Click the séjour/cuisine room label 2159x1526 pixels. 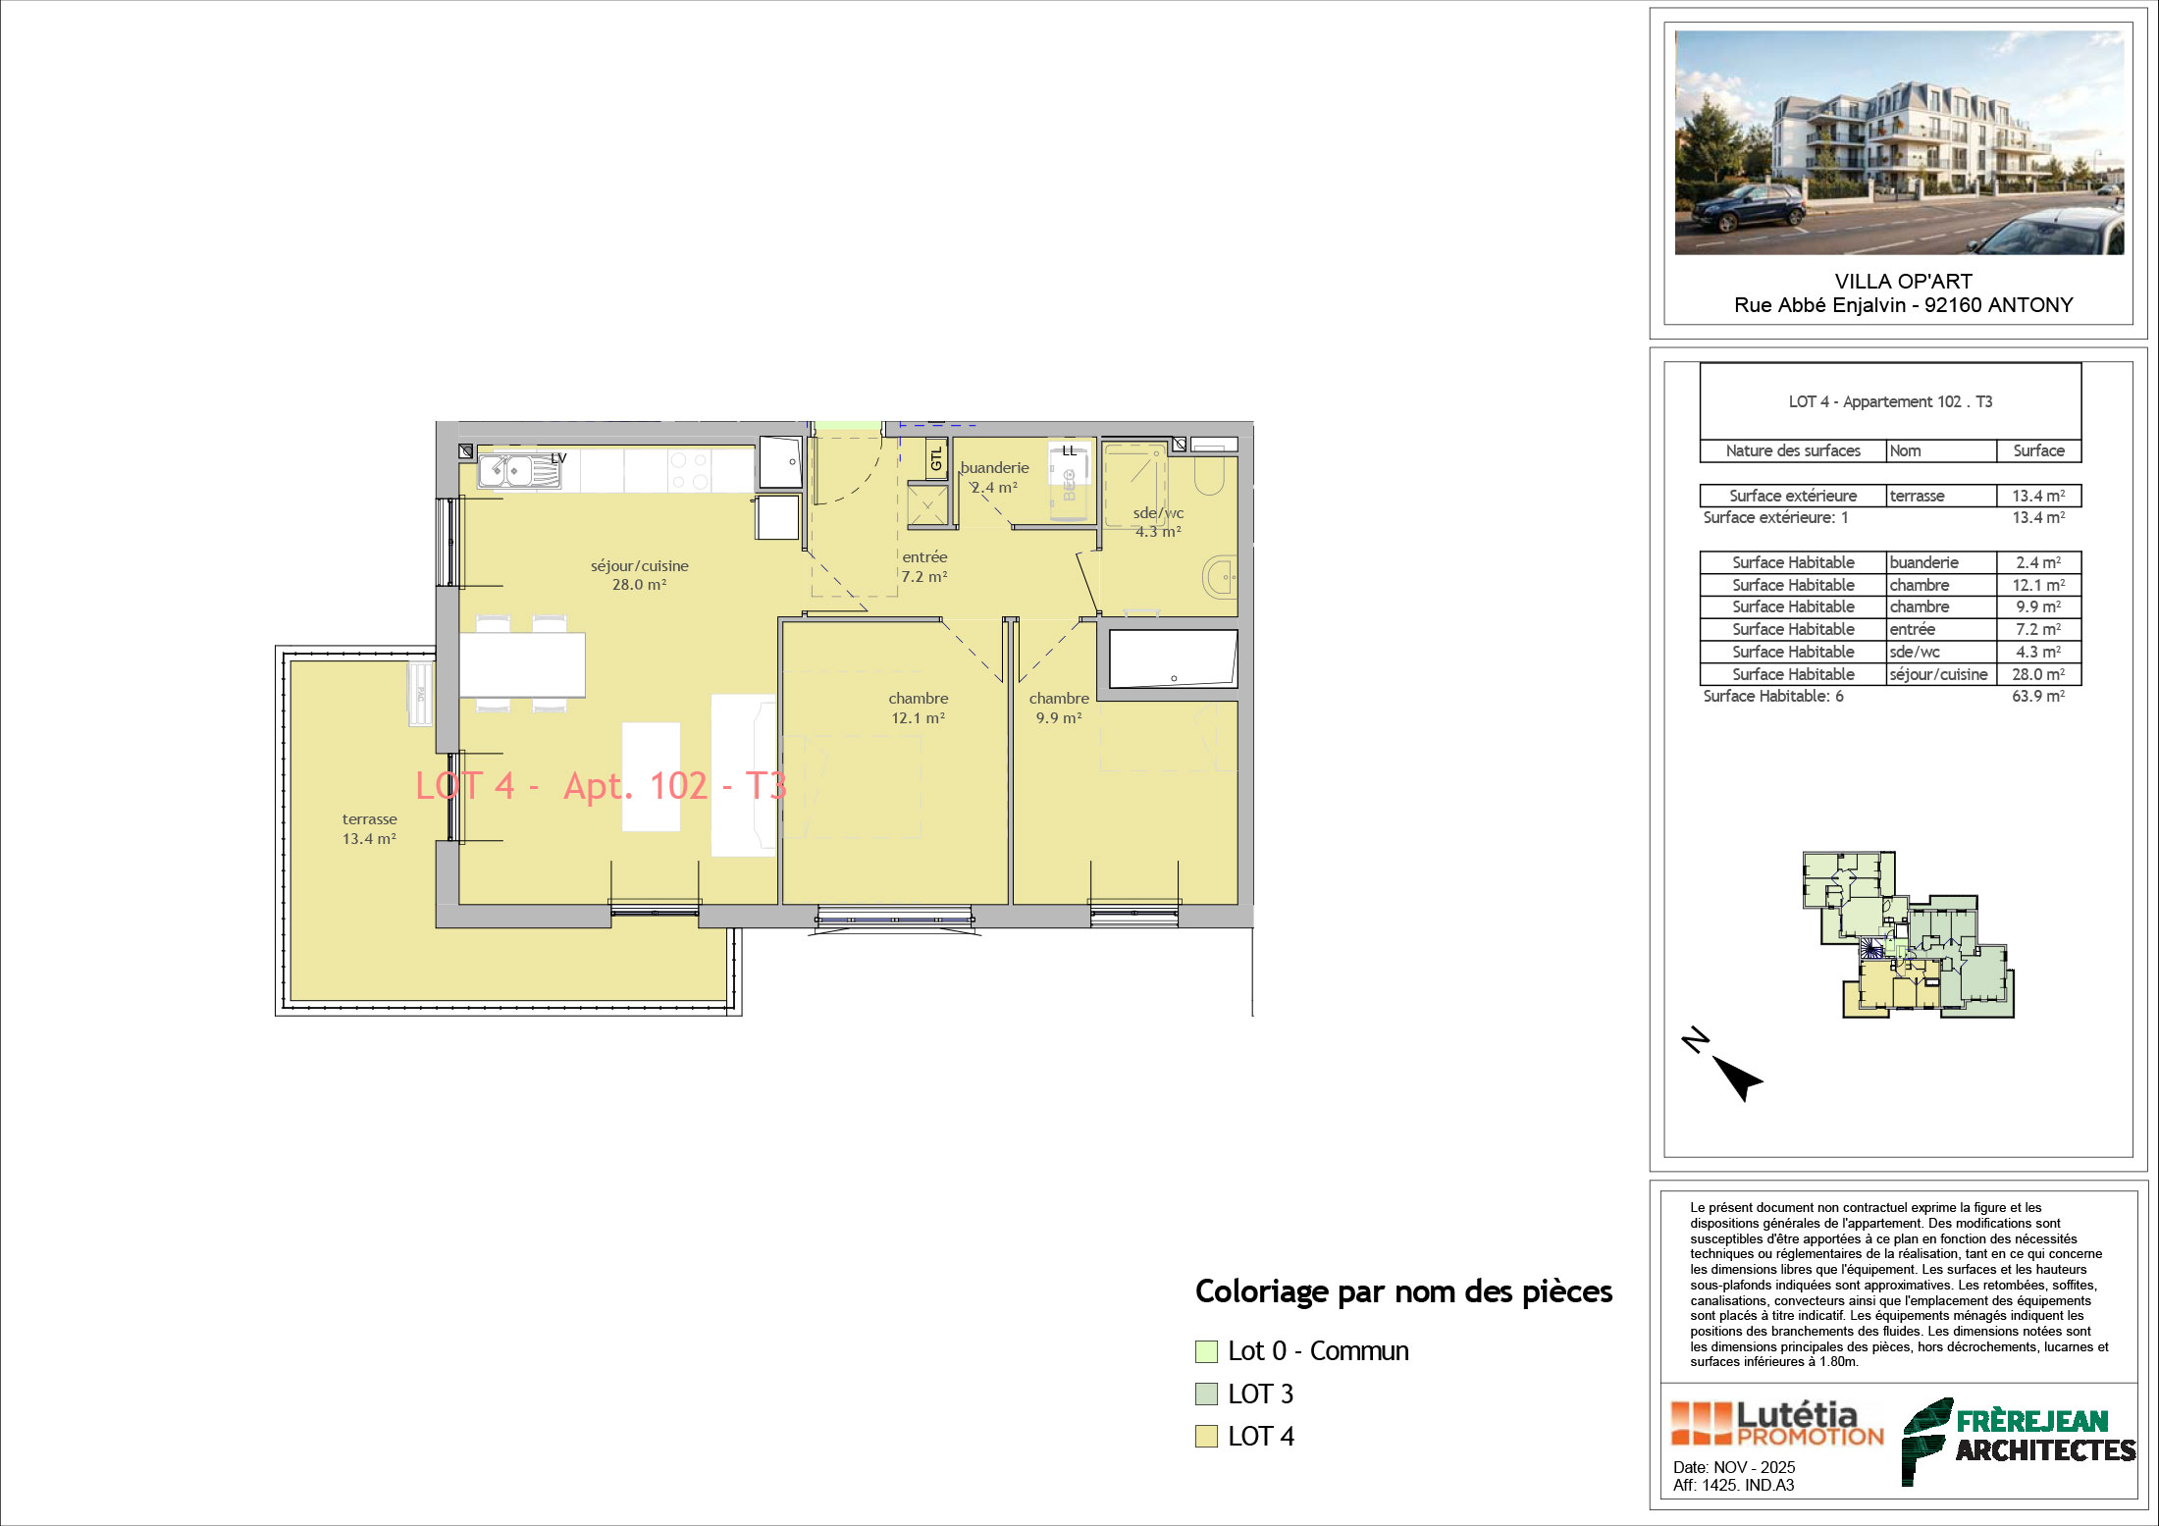(639, 575)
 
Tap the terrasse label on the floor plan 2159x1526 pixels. (370, 828)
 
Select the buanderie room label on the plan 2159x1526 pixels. (994, 477)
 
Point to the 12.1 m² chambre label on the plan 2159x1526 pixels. (919, 708)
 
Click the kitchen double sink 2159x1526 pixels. (520, 470)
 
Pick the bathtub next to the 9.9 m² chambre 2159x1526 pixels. (1173, 658)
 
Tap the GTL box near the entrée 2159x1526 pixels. (936, 458)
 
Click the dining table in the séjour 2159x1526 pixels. (522, 665)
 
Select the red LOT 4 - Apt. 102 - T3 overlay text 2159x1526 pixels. (601, 786)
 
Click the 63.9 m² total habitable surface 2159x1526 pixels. (2038, 696)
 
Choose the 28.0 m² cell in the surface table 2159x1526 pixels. (2038, 674)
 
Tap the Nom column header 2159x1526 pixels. (1906, 450)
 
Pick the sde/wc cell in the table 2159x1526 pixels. (1915, 652)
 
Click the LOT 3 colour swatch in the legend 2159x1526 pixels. (1206, 1394)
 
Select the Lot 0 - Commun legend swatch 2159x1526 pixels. (1206, 1351)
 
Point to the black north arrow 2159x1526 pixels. (1739, 1079)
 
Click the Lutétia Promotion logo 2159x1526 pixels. (1777, 1424)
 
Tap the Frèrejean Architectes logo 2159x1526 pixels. (2019, 1440)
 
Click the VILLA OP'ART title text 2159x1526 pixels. (1904, 281)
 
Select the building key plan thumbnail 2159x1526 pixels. (1909, 934)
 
